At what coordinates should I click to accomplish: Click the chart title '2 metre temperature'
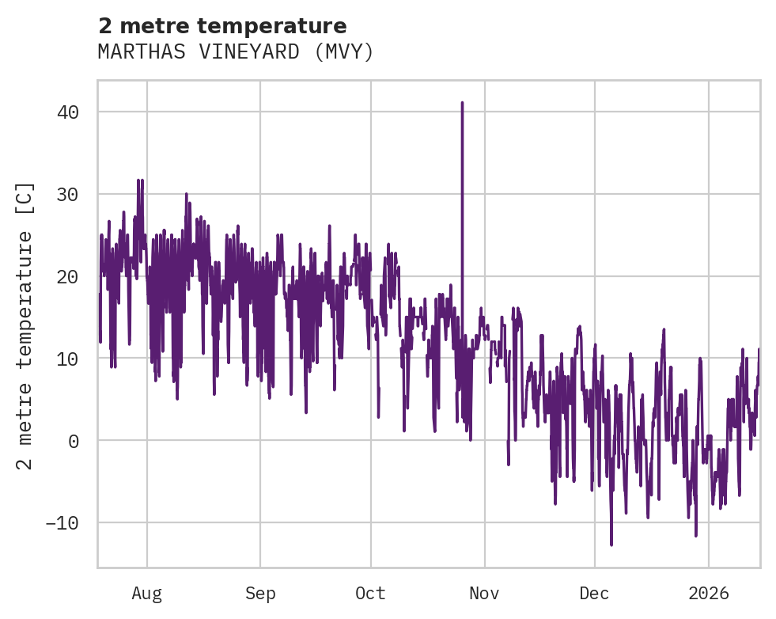point(222,26)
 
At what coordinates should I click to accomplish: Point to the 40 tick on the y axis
point(68,112)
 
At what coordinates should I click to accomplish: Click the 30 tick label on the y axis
point(68,195)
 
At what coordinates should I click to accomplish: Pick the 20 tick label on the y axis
point(68,277)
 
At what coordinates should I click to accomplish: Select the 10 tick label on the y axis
point(68,359)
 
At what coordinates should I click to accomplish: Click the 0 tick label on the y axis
point(74,441)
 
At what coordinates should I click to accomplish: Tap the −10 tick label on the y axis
point(62,523)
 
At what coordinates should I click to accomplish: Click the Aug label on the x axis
point(146,593)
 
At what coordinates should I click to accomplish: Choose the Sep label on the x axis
point(259,593)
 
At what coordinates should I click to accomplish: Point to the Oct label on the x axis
point(370,593)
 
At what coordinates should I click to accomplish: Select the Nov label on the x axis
point(484,593)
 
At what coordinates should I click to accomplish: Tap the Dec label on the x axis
point(594,593)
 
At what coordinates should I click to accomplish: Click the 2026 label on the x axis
point(709,593)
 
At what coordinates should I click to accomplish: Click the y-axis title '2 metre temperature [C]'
point(25,325)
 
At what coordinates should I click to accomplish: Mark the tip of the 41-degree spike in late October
point(462,103)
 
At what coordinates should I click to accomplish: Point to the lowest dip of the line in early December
point(611,545)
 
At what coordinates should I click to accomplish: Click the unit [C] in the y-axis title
point(25,196)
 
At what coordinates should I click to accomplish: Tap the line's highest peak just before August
point(139,180)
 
